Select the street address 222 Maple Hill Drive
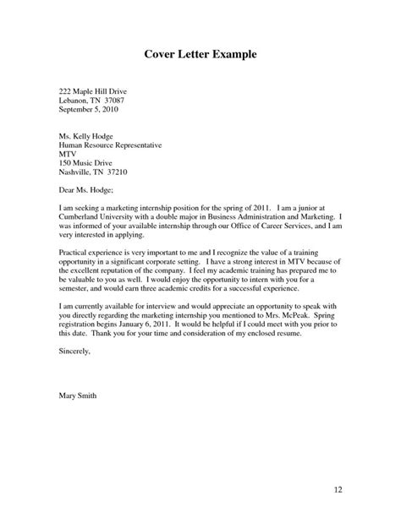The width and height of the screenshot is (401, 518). [94, 90]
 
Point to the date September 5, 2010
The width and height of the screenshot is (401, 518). [93, 109]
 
